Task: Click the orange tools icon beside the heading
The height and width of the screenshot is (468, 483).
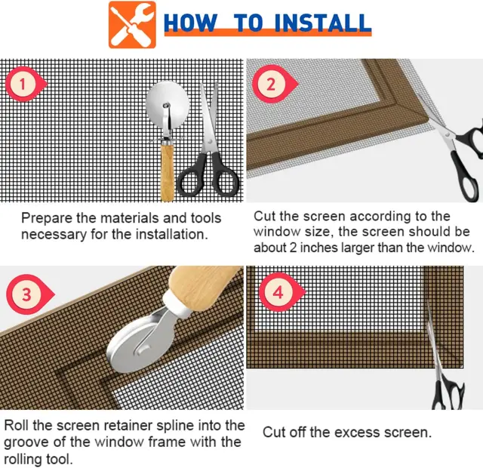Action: [132, 25]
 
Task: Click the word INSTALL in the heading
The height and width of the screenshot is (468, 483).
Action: [322, 23]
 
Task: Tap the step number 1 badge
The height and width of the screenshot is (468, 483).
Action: [26, 84]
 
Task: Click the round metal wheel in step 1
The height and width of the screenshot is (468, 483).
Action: [168, 103]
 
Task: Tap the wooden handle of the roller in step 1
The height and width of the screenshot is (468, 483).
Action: [168, 173]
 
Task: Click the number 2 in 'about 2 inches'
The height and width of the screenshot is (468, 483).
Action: [293, 248]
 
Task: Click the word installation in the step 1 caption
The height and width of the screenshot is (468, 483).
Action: [171, 235]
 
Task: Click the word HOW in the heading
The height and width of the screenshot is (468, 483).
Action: [190, 23]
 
